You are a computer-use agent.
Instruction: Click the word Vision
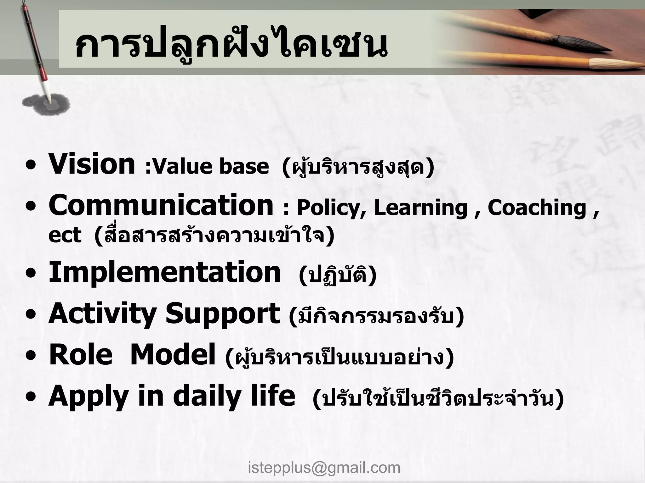tap(91, 164)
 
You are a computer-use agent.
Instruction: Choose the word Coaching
tap(537, 208)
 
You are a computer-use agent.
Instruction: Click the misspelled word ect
tap(65, 235)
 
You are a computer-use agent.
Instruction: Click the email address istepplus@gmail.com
tap(324, 468)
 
